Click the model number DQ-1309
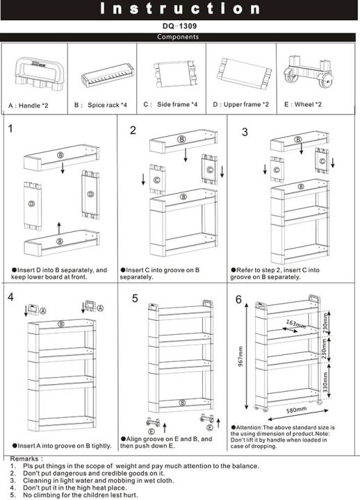click(x=179, y=26)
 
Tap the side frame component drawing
click(x=171, y=72)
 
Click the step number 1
click(x=10, y=128)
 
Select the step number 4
click(x=10, y=297)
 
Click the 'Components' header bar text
click(x=179, y=37)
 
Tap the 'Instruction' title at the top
click(x=180, y=9)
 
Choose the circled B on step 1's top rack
click(x=60, y=154)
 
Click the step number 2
click(x=133, y=130)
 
